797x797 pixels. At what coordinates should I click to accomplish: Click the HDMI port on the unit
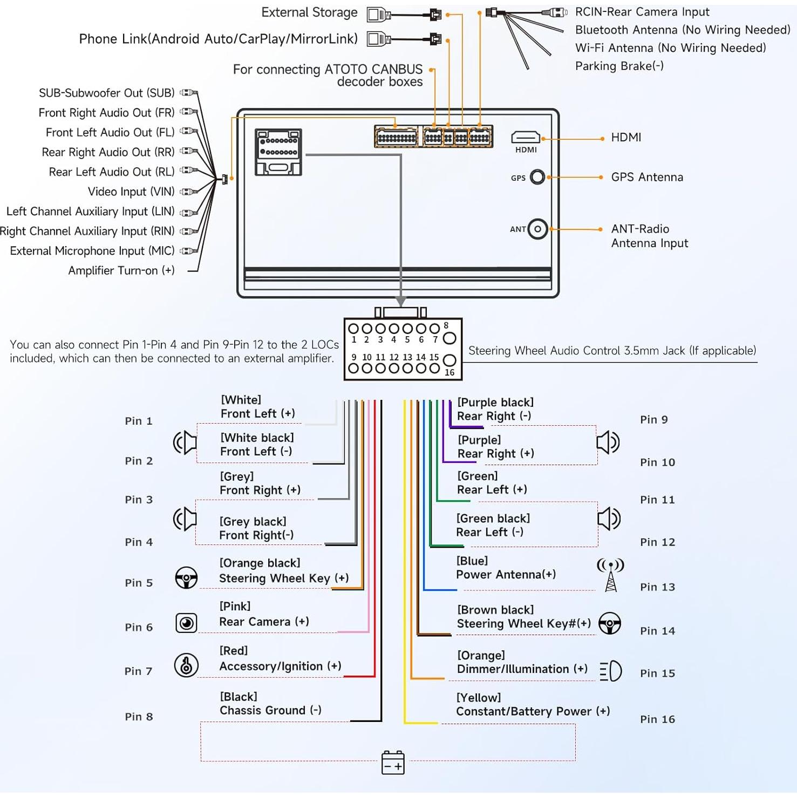pyautogui.click(x=526, y=138)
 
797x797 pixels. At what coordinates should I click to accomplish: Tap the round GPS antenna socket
pyautogui.click(x=537, y=177)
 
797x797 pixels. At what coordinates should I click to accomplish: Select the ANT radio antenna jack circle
pyautogui.click(x=537, y=229)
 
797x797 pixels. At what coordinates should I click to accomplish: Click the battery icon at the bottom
pyautogui.click(x=393, y=762)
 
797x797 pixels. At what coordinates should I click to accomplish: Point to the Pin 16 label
pyautogui.click(x=657, y=719)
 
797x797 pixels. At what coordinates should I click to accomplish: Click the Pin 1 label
pyautogui.click(x=139, y=421)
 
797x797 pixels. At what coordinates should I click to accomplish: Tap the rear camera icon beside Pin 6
pyautogui.click(x=186, y=623)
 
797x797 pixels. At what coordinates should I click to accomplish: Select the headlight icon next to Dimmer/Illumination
pyautogui.click(x=611, y=671)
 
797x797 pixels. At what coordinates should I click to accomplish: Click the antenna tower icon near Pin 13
pyautogui.click(x=610, y=575)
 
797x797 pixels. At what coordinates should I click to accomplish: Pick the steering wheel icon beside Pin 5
pyautogui.click(x=186, y=578)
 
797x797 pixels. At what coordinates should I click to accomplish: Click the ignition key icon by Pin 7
pyautogui.click(x=186, y=665)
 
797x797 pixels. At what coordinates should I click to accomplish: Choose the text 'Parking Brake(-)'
pyautogui.click(x=619, y=66)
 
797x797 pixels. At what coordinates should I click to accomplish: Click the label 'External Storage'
pyautogui.click(x=309, y=12)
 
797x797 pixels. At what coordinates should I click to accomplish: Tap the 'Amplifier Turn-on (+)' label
pyautogui.click(x=121, y=270)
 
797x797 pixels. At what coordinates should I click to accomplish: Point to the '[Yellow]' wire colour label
pyautogui.click(x=479, y=698)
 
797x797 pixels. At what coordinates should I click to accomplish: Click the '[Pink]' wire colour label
pyautogui.click(x=235, y=607)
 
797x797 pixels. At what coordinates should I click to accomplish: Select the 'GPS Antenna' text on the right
pyautogui.click(x=647, y=177)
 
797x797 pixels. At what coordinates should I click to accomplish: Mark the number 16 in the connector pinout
pyautogui.click(x=449, y=372)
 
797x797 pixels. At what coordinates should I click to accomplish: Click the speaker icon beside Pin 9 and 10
pyautogui.click(x=608, y=442)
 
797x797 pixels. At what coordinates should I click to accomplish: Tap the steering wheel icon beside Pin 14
pyautogui.click(x=610, y=624)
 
